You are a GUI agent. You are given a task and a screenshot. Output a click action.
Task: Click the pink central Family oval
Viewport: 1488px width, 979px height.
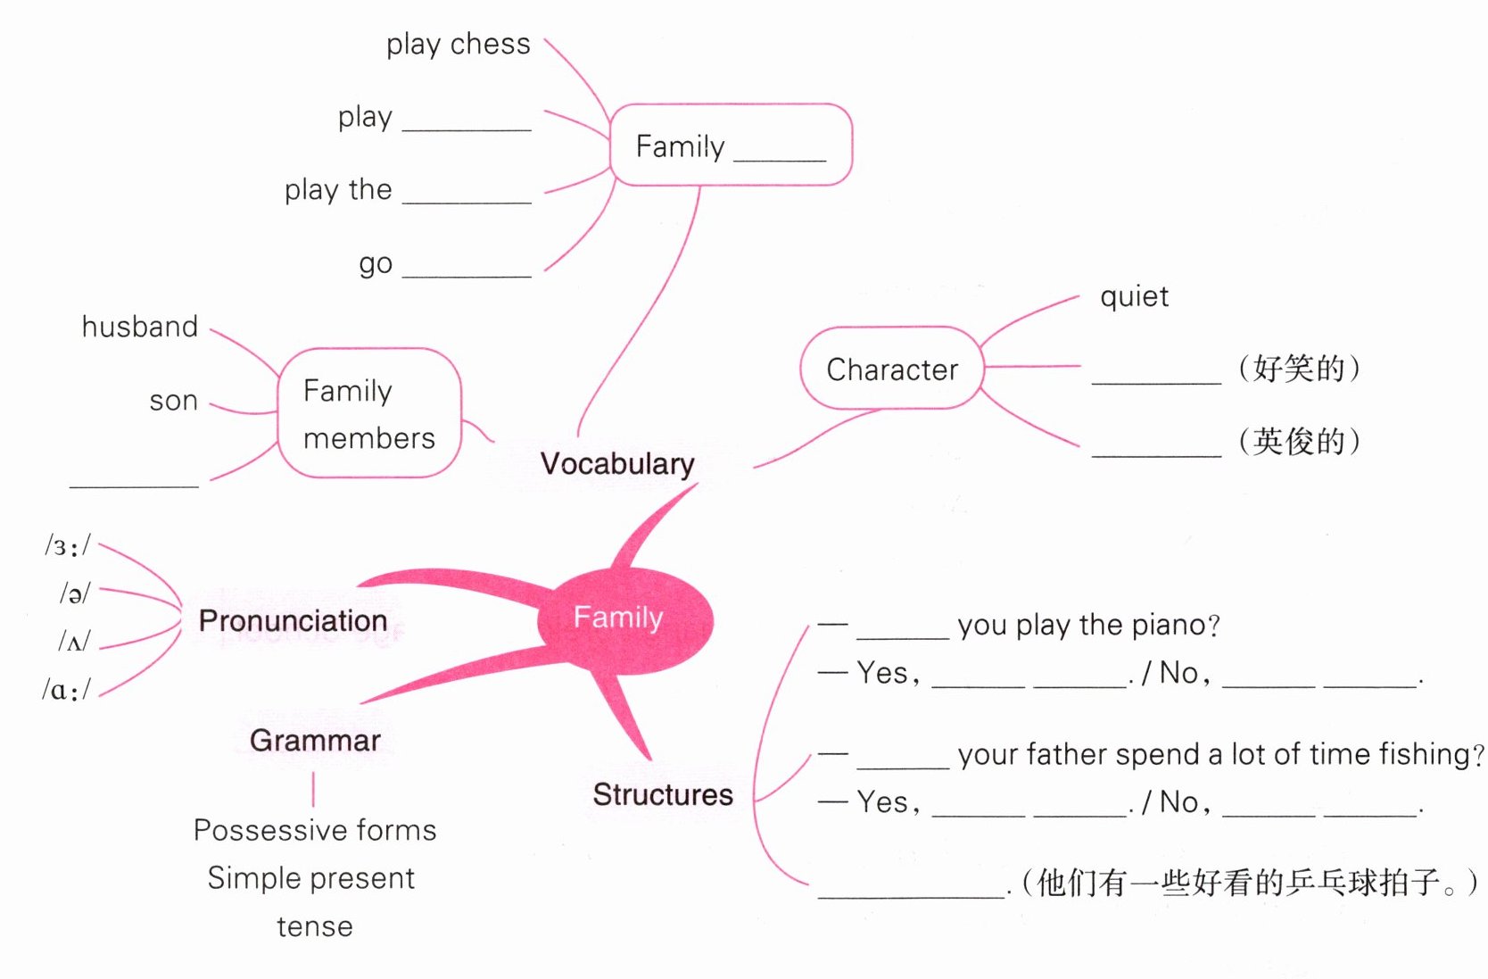point(624,619)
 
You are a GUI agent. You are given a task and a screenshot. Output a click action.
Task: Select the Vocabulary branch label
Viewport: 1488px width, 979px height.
point(617,463)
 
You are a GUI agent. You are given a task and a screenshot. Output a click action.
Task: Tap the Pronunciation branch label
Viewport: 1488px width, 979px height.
point(293,620)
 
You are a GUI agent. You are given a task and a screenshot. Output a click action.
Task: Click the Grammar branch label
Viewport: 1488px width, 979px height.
point(315,740)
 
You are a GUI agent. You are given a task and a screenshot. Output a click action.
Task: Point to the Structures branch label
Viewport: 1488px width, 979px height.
point(663,794)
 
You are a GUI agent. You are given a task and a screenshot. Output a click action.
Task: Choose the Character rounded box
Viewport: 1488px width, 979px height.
point(891,369)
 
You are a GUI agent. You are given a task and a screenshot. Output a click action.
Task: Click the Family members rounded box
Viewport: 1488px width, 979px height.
point(369,413)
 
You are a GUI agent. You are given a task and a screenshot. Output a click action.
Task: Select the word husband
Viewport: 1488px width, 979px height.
point(140,327)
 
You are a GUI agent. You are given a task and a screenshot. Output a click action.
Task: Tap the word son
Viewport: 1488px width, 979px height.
point(174,401)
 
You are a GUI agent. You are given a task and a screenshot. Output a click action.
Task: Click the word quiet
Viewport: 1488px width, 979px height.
point(1134,296)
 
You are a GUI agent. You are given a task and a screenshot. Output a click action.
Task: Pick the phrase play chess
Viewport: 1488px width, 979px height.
point(458,45)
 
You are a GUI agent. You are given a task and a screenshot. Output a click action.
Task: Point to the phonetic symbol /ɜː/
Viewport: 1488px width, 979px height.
point(68,546)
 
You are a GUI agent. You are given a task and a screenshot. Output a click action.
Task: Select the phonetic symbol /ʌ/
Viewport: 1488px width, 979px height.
point(75,642)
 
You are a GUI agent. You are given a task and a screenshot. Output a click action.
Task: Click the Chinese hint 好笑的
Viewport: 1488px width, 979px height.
point(1299,368)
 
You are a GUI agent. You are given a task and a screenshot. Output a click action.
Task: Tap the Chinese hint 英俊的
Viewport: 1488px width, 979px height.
point(1299,441)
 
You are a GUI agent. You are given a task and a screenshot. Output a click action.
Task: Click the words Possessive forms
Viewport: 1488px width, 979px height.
point(315,830)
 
